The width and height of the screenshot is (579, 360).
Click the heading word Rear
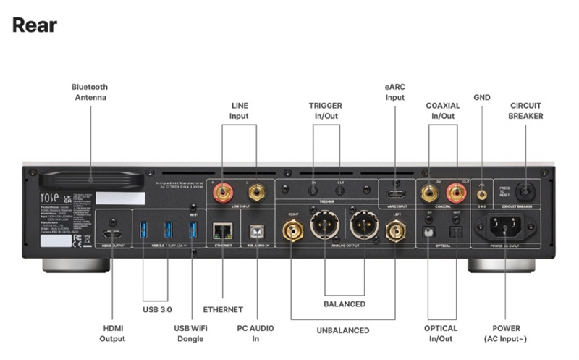point(34,25)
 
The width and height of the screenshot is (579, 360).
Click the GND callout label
point(481,96)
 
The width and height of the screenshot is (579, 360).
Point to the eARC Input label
point(394,93)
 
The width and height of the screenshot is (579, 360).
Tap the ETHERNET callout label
point(223,309)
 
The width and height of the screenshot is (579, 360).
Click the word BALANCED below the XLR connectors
point(345,304)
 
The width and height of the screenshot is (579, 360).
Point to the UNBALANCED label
point(342,331)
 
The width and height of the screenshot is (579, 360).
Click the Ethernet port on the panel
point(221,230)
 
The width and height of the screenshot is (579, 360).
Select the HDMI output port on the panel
point(113,235)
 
